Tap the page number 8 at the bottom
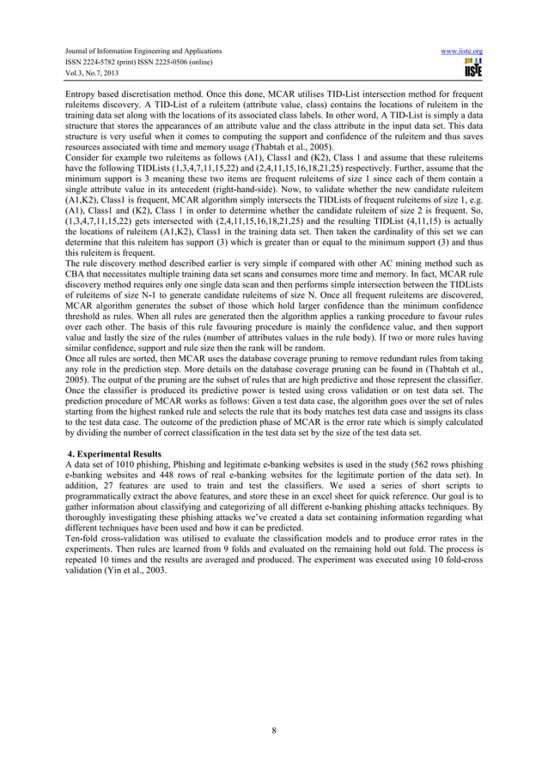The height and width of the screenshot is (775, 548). click(x=273, y=730)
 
